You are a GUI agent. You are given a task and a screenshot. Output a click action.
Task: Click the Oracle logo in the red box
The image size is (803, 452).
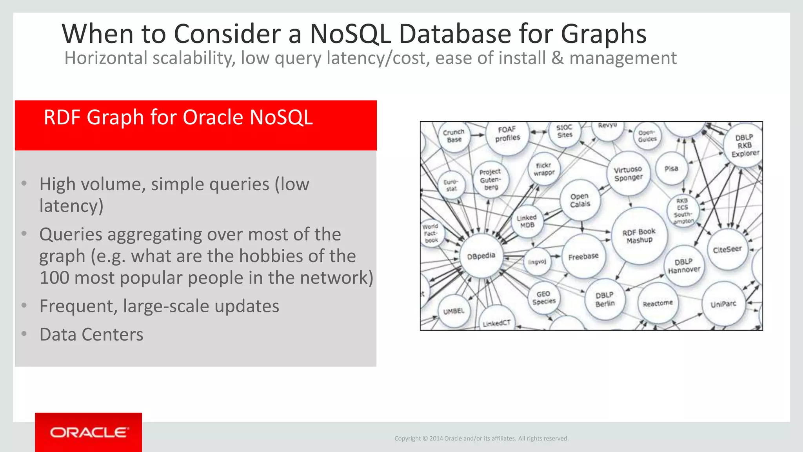point(89,432)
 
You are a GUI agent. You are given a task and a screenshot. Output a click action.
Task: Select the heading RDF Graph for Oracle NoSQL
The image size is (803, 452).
point(178,117)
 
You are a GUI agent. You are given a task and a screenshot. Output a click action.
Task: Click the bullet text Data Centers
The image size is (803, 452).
point(91,334)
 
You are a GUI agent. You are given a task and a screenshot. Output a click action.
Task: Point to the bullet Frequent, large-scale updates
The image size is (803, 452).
point(159,306)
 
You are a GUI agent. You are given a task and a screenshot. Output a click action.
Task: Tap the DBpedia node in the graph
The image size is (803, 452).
point(481,256)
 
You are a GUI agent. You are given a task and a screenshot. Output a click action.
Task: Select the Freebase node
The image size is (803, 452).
point(583,257)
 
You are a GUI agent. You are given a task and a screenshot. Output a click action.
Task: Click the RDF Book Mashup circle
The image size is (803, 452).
point(639,236)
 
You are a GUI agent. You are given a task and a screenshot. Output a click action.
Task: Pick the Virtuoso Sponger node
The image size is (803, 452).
point(628,173)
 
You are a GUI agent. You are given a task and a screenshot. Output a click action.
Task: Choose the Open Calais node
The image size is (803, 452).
point(580,200)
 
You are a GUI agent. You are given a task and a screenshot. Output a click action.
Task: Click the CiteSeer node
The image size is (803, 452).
point(727,249)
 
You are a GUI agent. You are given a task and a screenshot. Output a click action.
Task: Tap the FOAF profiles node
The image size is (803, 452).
point(507,134)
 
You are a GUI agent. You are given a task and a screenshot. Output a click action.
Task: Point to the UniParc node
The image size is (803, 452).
point(723,304)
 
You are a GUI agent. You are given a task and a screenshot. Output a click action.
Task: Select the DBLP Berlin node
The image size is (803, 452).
point(605,299)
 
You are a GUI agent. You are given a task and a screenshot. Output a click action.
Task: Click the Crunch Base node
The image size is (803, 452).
point(454,136)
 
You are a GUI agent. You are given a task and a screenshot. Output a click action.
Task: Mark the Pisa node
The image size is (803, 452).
point(671,169)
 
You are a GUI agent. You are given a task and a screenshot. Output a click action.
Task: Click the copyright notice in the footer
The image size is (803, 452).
point(481,438)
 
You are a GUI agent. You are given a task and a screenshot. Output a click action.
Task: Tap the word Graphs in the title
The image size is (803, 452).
point(603,34)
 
